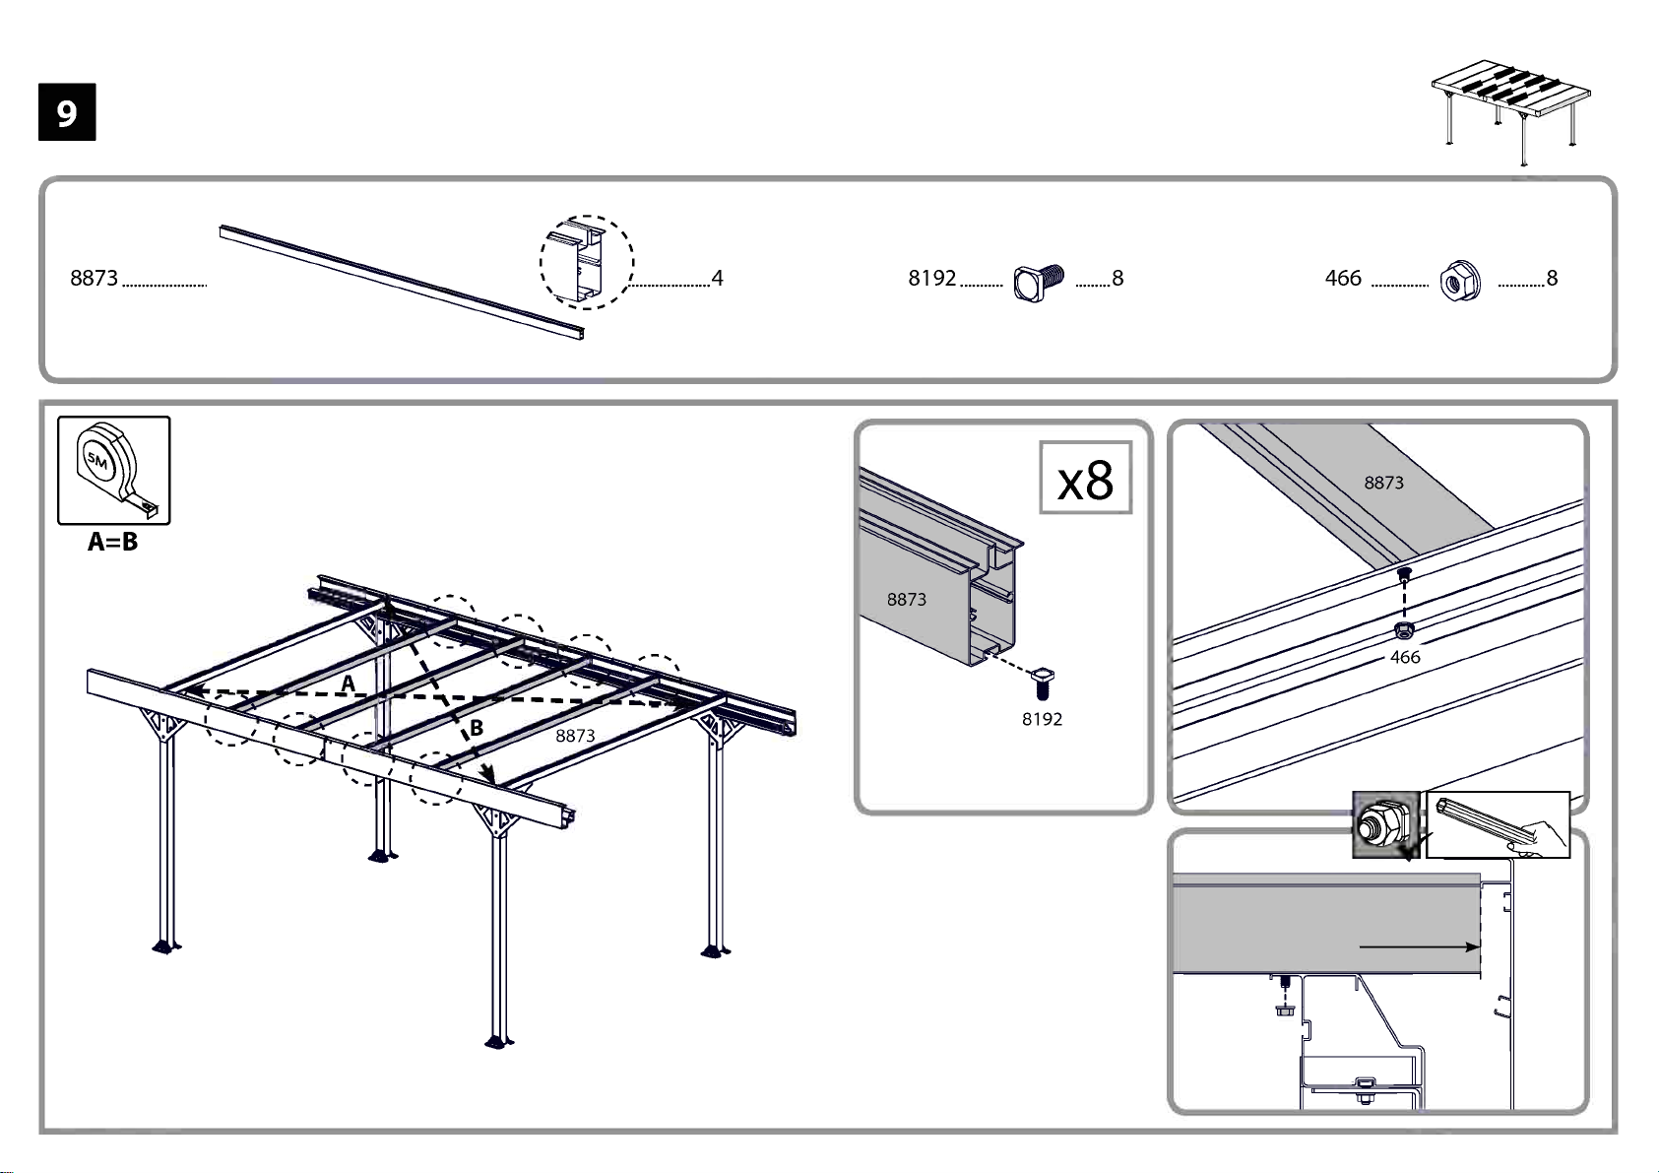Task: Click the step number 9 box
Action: click(x=67, y=112)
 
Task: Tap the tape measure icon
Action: click(x=114, y=471)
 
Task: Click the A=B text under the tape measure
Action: click(x=112, y=542)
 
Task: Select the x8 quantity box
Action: click(x=1086, y=478)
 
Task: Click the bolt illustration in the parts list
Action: click(x=1039, y=283)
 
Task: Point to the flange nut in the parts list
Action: click(x=1460, y=281)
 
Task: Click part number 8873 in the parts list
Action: click(x=95, y=278)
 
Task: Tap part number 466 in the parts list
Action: click(x=1343, y=278)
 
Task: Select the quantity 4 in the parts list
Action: click(x=717, y=278)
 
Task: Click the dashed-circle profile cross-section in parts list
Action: click(x=587, y=262)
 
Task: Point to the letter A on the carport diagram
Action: click(x=349, y=684)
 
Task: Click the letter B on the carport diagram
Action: click(x=477, y=728)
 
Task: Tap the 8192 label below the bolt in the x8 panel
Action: click(x=1042, y=719)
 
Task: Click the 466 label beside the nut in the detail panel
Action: click(x=1405, y=657)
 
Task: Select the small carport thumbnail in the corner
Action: click(x=1511, y=112)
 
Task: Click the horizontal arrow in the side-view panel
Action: click(x=1420, y=946)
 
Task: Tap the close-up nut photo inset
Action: click(x=1385, y=824)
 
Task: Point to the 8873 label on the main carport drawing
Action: click(x=575, y=735)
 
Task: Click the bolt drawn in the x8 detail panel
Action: click(x=1043, y=683)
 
